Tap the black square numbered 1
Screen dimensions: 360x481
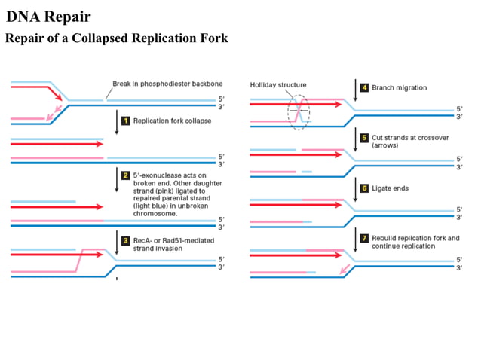click(x=127, y=121)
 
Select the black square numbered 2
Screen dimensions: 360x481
click(x=127, y=175)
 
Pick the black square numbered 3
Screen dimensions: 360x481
click(x=127, y=239)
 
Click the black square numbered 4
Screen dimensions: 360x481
click(x=365, y=88)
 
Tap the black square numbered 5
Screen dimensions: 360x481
click(x=365, y=138)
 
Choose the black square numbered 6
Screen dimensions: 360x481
click(x=365, y=188)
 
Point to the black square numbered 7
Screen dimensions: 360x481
click(x=365, y=238)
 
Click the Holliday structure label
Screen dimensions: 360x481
click(x=278, y=85)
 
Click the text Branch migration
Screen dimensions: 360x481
click(x=399, y=88)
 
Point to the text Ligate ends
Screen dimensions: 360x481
click(x=391, y=188)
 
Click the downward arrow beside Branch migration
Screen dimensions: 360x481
click(x=355, y=90)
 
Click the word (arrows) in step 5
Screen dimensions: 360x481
click(x=385, y=146)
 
